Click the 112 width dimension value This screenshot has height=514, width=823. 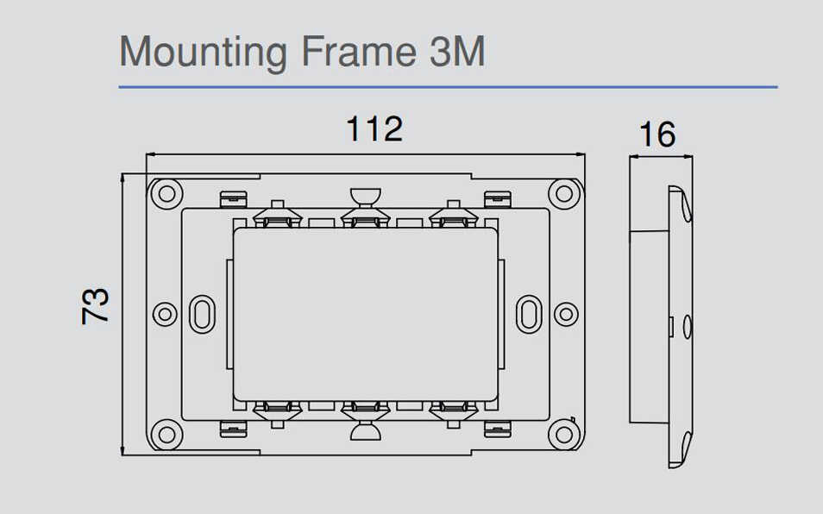[374, 129]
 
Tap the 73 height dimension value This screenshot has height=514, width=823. [95, 306]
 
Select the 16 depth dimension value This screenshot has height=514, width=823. [657, 135]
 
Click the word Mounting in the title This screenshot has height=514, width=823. [203, 53]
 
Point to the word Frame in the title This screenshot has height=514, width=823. [359, 52]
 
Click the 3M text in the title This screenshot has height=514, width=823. [457, 52]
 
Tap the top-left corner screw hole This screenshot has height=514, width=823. [166, 193]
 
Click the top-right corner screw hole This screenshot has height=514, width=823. [564, 193]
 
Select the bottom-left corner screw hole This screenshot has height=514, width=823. [166, 435]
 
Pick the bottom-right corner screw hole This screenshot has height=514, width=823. [564, 435]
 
